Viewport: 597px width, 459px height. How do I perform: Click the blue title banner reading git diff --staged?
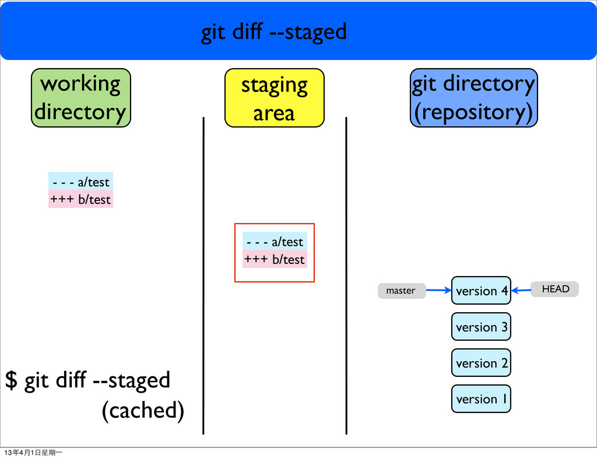(298, 30)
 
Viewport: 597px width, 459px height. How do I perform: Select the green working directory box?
(80, 98)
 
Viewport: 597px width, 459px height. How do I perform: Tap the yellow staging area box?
(274, 98)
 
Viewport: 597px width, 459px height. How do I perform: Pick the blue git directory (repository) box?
(473, 98)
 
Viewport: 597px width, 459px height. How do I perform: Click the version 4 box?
(481, 291)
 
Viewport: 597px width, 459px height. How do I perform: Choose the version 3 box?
(481, 327)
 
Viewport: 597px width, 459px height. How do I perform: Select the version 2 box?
(481, 363)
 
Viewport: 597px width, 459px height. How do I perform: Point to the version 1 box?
(481, 399)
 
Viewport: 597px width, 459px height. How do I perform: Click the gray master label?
(402, 291)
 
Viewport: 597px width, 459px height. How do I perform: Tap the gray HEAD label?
(555, 289)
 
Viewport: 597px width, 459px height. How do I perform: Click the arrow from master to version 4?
(438, 290)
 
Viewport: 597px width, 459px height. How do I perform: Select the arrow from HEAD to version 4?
(521, 291)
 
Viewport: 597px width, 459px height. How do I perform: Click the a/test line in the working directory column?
(80, 181)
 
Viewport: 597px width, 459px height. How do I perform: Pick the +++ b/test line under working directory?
(80, 199)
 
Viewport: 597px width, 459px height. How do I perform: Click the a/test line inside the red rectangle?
(275, 241)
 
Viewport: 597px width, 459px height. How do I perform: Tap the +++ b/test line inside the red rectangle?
(275, 259)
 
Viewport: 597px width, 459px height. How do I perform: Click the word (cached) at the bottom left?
(143, 410)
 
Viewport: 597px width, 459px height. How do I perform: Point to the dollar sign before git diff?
(12, 380)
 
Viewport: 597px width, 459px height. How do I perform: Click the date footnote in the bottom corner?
(33, 453)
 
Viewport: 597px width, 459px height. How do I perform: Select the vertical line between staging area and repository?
(346, 276)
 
